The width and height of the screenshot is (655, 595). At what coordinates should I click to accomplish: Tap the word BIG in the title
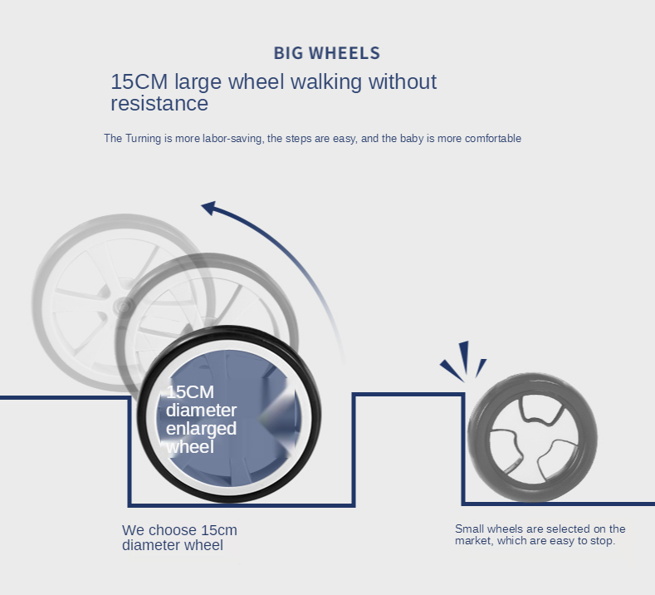tap(289, 53)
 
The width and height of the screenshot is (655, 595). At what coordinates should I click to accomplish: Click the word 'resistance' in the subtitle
tap(159, 104)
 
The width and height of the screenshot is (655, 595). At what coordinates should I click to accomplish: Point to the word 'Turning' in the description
tap(149, 139)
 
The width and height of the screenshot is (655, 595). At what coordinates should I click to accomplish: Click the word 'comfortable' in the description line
tap(493, 139)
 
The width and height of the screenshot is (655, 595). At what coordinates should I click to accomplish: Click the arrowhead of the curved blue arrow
tap(210, 209)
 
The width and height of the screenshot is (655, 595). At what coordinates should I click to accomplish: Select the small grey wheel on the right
tap(532, 437)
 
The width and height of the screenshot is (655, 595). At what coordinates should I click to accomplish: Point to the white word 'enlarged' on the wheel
tap(201, 429)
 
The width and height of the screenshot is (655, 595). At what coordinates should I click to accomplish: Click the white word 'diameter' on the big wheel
tap(201, 411)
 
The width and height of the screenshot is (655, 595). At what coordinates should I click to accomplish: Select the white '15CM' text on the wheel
tap(190, 392)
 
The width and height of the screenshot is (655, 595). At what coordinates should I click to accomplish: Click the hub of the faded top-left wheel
tap(122, 306)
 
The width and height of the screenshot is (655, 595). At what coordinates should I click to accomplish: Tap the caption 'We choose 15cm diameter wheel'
tap(179, 538)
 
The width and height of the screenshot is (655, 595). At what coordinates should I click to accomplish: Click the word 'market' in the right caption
tap(473, 541)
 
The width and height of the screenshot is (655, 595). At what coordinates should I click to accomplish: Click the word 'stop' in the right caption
tap(602, 541)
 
